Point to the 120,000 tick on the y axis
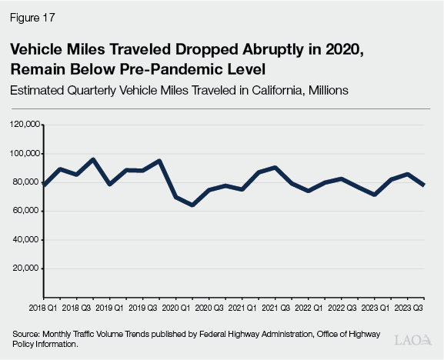[25, 124]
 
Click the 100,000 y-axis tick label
[25, 153]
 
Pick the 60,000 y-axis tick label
[27, 211]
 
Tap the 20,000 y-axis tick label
[27, 268]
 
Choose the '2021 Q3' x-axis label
[275, 308]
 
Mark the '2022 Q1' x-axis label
[308, 308]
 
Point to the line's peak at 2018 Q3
[92, 160]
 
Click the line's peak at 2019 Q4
[159, 161]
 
